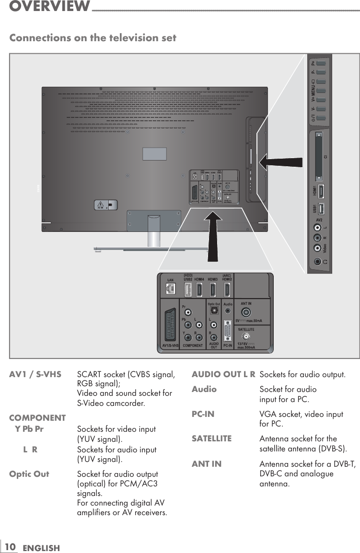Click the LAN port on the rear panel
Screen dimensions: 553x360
pyautogui.click(x=170, y=289)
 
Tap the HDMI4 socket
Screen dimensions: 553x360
pyautogui.click(x=199, y=289)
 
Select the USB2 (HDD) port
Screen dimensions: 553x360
pyautogui.click(x=188, y=289)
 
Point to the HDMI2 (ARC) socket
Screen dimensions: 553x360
pyautogui.click(x=227, y=289)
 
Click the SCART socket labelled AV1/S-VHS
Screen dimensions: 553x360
pyautogui.click(x=170, y=321)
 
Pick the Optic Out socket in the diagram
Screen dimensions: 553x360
pyautogui.click(x=213, y=311)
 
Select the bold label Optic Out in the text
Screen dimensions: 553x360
pyautogui.click(x=29, y=474)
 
